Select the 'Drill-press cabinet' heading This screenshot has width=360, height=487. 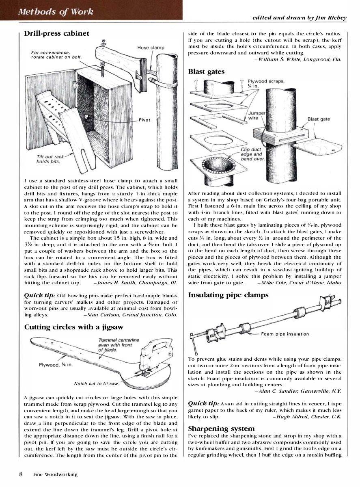56,33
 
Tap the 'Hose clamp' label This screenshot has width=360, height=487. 151,48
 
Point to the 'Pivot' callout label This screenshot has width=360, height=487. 144,120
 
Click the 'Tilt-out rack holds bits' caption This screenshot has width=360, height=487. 48,159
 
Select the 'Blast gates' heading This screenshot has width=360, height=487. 206,71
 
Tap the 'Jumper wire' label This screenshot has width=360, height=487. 256,115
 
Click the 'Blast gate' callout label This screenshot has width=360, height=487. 319,119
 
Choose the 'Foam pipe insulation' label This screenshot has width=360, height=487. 285,334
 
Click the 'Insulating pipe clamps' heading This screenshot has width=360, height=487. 228,295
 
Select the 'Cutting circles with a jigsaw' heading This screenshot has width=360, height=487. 74,327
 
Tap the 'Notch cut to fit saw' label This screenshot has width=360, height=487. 96,383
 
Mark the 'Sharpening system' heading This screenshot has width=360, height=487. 221,429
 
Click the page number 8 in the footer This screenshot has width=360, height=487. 20,474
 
